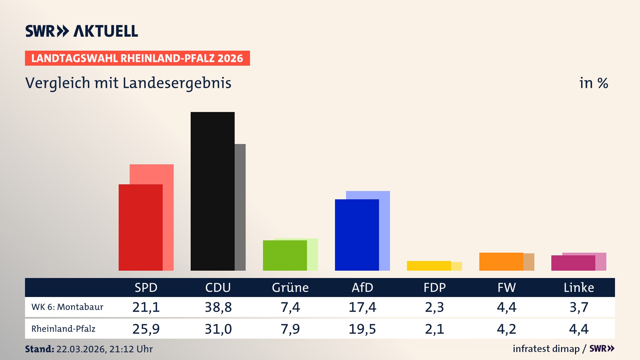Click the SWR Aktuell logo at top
(x=81, y=31)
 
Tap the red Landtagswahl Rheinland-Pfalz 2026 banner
(x=137, y=58)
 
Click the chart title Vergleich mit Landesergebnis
(x=128, y=83)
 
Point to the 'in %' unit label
(x=593, y=83)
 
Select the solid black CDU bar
(x=212, y=191)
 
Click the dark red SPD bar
(x=140, y=227)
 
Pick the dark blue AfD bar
(x=357, y=235)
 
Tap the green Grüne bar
(x=285, y=255)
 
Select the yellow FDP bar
(x=429, y=266)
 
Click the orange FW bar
(x=501, y=262)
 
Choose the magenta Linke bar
(x=573, y=263)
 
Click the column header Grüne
(x=290, y=288)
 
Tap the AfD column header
(x=362, y=288)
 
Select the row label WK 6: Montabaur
(x=67, y=307)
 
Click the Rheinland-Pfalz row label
(x=63, y=329)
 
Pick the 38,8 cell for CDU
(x=218, y=307)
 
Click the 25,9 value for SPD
(x=146, y=329)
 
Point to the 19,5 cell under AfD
(x=362, y=329)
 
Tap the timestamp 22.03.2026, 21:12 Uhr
(x=104, y=349)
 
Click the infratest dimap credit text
(x=546, y=349)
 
